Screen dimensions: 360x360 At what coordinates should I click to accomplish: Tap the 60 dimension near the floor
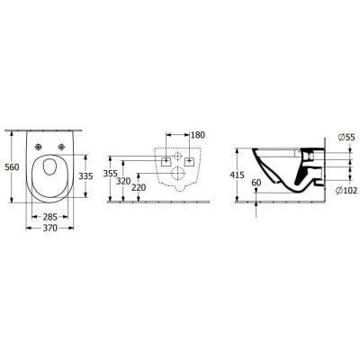point(257,182)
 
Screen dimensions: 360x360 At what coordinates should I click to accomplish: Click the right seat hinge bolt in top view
point(60,147)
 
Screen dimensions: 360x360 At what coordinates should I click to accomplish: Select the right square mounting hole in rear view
point(189,162)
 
